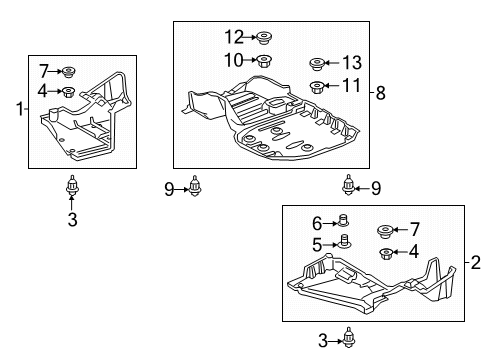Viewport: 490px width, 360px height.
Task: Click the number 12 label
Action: (x=233, y=37)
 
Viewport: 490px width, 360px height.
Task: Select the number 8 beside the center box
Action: (x=380, y=93)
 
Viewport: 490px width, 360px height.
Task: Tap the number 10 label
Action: (x=233, y=61)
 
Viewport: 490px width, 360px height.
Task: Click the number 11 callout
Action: (x=351, y=86)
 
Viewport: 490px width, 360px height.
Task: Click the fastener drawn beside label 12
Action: (x=265, y=38)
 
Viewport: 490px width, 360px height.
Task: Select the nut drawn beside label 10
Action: (x=265, y=62)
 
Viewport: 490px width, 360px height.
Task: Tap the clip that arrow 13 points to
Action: (x=316, y=63)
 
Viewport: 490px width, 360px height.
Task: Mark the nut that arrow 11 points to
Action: (x=316, y=87)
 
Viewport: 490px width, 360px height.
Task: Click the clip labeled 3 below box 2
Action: (x=349, y=340)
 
